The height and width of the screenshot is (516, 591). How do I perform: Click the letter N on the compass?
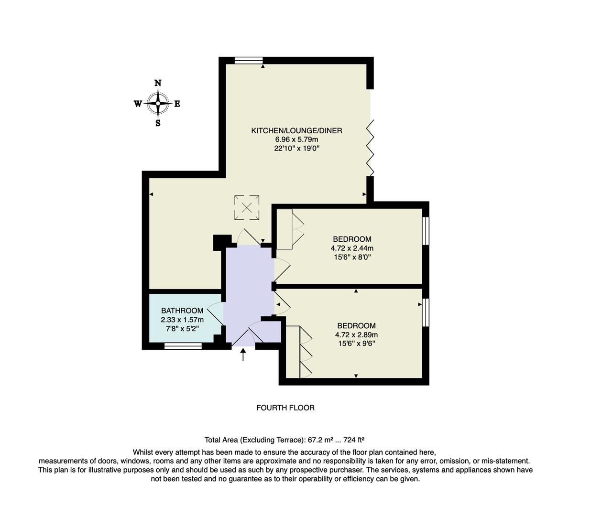158,83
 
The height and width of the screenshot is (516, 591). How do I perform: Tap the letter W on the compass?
138,104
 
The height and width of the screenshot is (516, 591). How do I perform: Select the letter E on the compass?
177,104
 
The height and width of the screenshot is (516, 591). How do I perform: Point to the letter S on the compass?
158,123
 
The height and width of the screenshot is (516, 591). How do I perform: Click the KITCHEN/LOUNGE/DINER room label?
296,130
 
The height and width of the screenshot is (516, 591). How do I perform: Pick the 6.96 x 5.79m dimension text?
296,140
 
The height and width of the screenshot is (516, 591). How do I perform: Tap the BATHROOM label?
182,311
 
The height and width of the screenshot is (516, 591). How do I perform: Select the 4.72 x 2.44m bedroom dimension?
352,248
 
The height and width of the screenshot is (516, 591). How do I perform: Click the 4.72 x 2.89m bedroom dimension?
356,335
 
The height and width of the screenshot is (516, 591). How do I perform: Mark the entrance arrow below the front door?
243,355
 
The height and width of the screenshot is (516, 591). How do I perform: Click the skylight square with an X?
247,207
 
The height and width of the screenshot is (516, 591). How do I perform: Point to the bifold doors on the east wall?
370,147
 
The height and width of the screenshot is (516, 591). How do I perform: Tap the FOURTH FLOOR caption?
285,408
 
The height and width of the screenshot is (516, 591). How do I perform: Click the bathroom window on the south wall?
183,346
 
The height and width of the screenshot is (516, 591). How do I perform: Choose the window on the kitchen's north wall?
249,60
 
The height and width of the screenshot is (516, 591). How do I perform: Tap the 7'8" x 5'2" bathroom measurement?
182,329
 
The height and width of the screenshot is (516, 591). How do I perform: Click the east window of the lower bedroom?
425,312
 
